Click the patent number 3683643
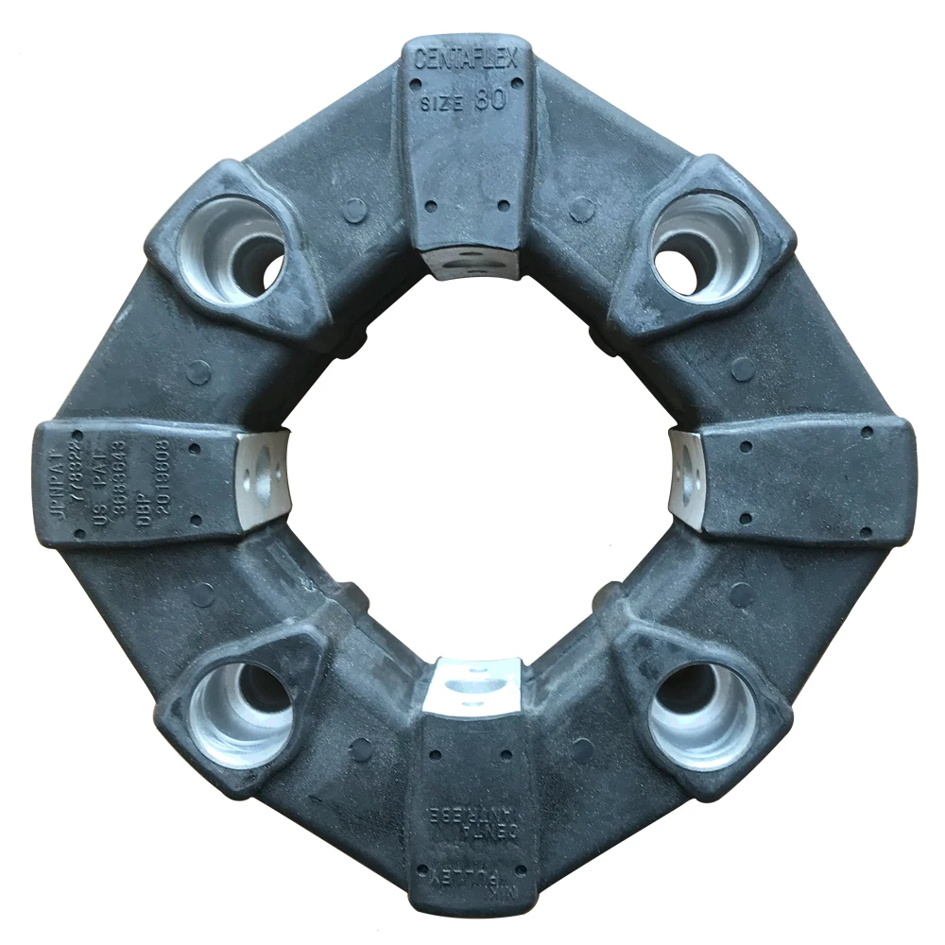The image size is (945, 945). (x=120, y=479)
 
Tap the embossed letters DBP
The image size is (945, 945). (x=144, y=510)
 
